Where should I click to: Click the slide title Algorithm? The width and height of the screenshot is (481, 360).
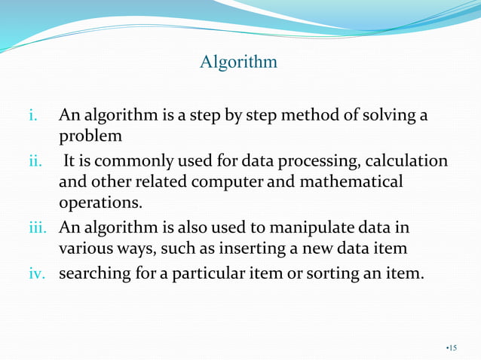coord(238,62)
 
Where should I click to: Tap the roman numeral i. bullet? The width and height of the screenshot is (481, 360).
coord(32,116)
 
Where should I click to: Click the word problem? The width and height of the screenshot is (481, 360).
coord(90,136)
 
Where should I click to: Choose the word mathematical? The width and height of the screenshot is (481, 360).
coord(352,182)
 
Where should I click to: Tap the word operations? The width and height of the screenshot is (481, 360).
coord(100,203)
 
